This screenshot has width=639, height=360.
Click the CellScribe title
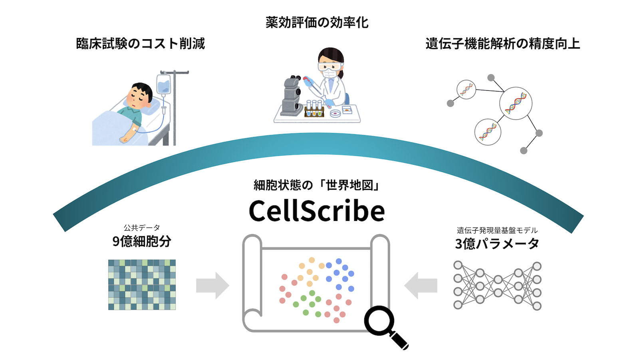pyautogui.click(x=317, y=211)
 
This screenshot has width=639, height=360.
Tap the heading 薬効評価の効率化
pyautogui.click(x=317, y=22)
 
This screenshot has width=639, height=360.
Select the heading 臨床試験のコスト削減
pyautogui.click(x=140, y=44)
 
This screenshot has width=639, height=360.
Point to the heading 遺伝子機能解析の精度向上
pyautogui.click(x=503, y=44)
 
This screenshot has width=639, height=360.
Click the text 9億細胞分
pyautogui.click(x=142, y=241)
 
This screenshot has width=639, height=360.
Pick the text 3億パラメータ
pyautogui.click(x=497, y=244)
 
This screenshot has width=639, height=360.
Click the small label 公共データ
pyautogui.click(x=142, y=227)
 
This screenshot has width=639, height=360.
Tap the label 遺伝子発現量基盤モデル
pyautogui.click(x=497, y=230)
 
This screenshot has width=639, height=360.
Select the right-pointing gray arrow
pyautogui.click(x=212, y=286)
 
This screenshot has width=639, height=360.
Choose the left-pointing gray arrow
pyautogui.click(x=421, y=286)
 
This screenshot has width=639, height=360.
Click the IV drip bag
pyautogui.click(x=163, y=84)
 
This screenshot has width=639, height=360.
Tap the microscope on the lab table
pyautogui.click(x=292, y=96)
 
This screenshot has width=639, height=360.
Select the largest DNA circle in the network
pyautogui.click(x=516, y=103)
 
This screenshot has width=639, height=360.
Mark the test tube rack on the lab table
pyautogui.click(x=314, y=110)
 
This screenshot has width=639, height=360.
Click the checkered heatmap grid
pyautogui.click(x=142, y=284)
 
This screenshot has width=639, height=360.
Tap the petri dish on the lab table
pyautogui.click(x=335, y=113)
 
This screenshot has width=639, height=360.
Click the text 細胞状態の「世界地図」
pyautogui.click(x=317, y=185)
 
